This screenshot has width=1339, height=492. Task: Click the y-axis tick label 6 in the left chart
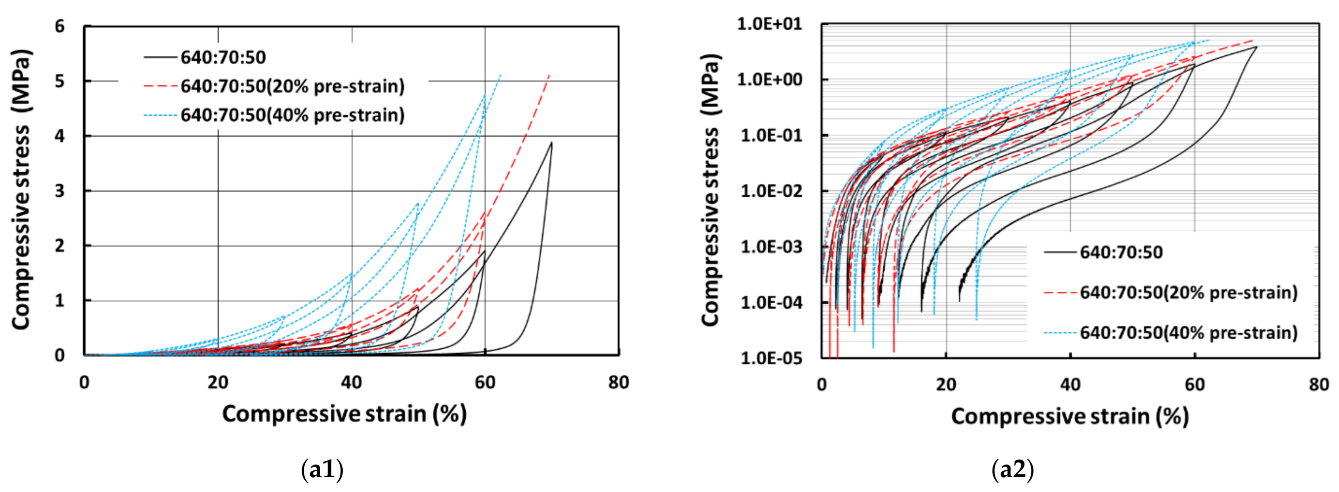pos(60,26)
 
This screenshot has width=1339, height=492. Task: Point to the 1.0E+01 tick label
pos(770,24)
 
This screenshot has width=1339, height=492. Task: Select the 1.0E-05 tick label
pos(770,358)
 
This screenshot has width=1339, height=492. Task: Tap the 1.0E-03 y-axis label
pos(770,246)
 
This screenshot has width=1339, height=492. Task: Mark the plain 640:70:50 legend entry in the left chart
pos(223,57)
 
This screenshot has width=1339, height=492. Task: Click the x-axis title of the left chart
pos(344,414)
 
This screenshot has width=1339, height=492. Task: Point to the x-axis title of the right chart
pos(1070,416)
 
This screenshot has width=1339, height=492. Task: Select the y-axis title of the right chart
pos(710,190)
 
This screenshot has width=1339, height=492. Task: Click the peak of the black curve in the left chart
pos(552,142)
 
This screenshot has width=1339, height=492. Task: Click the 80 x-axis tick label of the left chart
pos(619,383)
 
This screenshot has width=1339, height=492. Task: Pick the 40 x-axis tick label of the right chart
pos(1070,385)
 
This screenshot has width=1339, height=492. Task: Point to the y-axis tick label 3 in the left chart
pos(60,191)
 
